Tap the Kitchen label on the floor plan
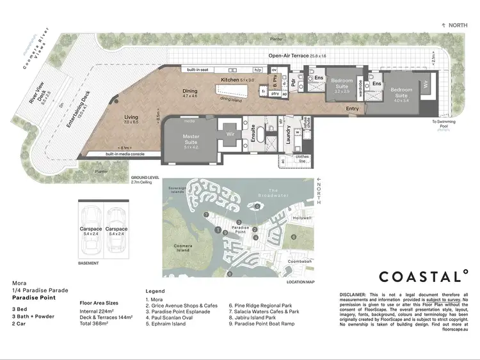pos(230,80)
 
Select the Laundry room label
pos(288,135)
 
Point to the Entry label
pos(353,109)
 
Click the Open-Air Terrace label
pos(295,56)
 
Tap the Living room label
pos(131,118)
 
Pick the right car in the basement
pos(117,228)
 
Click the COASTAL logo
pos(422,276)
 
